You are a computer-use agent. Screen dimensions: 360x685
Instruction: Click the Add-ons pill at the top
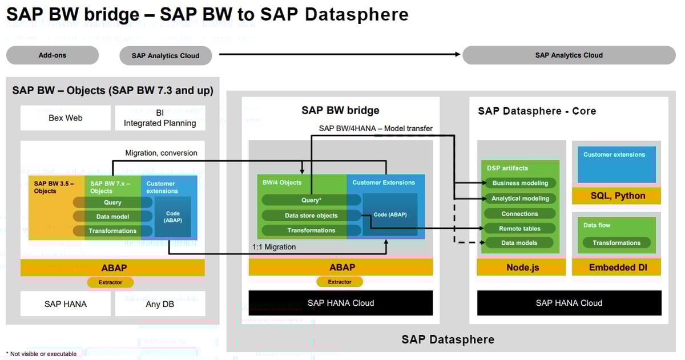[x=53, y=55]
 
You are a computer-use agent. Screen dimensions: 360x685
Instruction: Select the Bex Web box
[x=66, y=118]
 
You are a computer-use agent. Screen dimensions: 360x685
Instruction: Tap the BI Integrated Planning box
[x=160, y=118]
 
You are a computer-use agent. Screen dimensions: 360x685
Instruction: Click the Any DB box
[x=160, y=304]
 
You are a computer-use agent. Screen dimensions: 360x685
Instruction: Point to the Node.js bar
[x=522, y=268]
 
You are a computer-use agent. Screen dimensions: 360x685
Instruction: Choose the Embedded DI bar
[x=616, y=268]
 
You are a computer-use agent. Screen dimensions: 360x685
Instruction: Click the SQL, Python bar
[x=616, y=196]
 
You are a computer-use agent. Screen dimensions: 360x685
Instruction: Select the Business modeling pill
[x=519, y=183]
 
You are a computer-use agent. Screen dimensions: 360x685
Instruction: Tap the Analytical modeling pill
[x=519, y=199]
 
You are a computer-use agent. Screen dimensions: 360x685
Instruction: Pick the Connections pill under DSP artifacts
[x=519, y=214]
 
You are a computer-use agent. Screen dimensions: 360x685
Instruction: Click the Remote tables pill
[x=519, y=229]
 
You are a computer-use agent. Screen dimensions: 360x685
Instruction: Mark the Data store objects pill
[x=311, y=216]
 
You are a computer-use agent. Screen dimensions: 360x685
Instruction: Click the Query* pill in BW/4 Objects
[x=311, y=200]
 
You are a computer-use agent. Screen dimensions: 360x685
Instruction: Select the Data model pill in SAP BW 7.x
[x=112, y=217]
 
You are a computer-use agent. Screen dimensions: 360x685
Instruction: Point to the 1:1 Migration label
[x=274, y=247]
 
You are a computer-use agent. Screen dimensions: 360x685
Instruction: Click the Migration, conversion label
[x=161, y=153]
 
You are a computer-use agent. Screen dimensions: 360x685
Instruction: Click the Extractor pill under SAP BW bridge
[x=340, y=282]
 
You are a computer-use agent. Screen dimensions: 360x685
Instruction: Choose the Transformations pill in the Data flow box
[x=616, y=243]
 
